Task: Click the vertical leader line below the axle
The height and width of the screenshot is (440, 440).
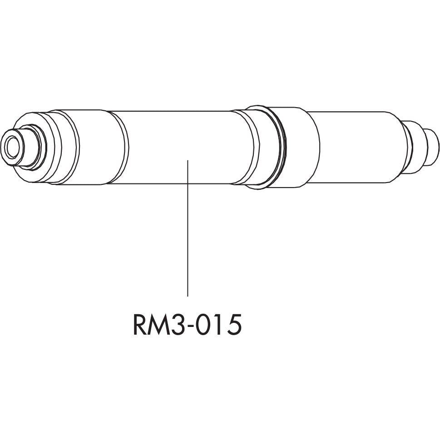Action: (x=188, y=236)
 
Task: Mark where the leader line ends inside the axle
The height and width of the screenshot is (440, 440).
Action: (x=188, y=160)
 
